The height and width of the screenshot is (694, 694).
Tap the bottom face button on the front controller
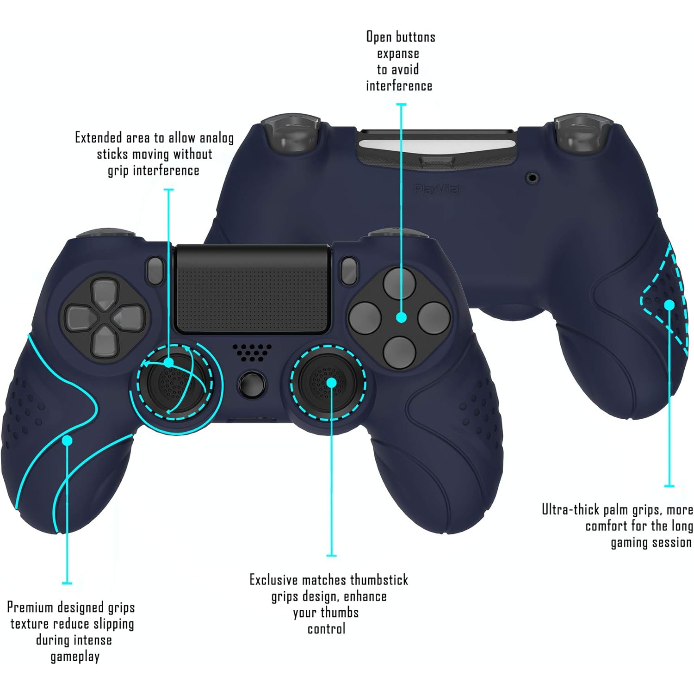(400, 352)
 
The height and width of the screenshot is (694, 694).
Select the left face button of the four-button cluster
(366, 318)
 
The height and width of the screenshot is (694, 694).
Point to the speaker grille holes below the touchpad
(252, 352)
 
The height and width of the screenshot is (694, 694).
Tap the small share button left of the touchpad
(155, 271)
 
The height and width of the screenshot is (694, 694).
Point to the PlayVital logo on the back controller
(436, 189)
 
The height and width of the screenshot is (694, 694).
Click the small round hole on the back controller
(533, 177)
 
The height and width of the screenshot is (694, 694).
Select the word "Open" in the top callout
(378, 37)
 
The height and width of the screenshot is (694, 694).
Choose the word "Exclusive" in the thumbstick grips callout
(273, 580)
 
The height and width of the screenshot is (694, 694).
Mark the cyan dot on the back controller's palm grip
(669, 305)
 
